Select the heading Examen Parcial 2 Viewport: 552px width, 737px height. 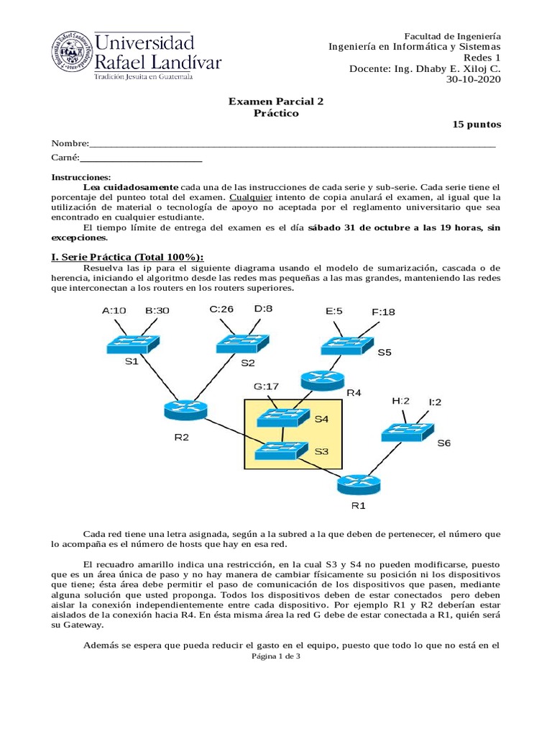point(276,101)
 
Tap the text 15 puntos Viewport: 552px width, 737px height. point(477,125)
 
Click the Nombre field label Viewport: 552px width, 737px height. point(69,144)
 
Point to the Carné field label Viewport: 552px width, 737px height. point(65,157)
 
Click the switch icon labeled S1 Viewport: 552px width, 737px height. point(134,343)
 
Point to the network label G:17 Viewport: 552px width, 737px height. point(266,386)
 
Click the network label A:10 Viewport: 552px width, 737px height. point(114,310)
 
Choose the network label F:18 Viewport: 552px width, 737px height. point(383,312)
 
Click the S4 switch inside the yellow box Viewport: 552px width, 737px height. point(282,417)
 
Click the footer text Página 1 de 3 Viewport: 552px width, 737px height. point(276,656)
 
